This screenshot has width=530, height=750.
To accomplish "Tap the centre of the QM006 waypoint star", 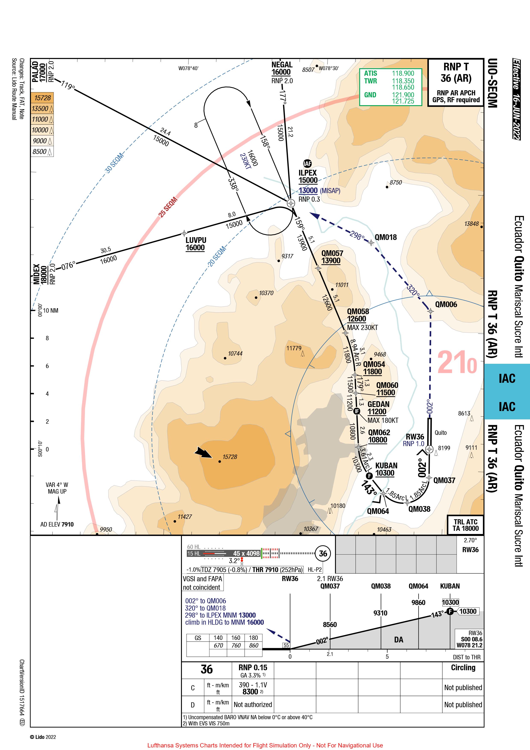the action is [x=430, y=311].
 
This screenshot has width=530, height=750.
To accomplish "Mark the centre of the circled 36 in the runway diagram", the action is [x=323, y=553].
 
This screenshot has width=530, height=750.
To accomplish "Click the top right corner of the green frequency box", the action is [x=422, y=68].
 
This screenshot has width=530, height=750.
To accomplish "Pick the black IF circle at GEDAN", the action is [x=357, y=411].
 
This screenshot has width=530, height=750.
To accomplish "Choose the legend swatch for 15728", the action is [x=42, y=98].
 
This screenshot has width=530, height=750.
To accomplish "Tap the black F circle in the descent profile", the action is [x=450, y=611].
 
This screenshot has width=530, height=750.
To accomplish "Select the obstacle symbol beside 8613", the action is [x=472, y=419].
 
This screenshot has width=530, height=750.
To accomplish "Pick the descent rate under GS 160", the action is [x=236, y=645].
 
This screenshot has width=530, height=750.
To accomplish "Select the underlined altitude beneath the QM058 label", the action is [x=356, y=319].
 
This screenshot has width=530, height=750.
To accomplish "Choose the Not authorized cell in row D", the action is [x=253, y=705].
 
